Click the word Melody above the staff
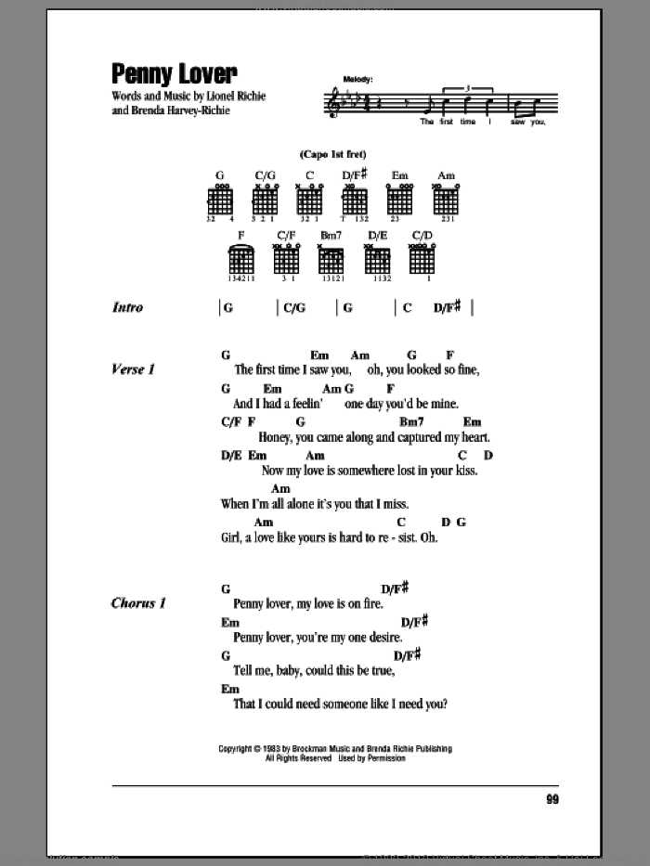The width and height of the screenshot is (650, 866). [357, 81]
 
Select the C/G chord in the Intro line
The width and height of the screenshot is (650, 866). [293, 308]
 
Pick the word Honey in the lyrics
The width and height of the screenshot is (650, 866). [253, 436]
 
